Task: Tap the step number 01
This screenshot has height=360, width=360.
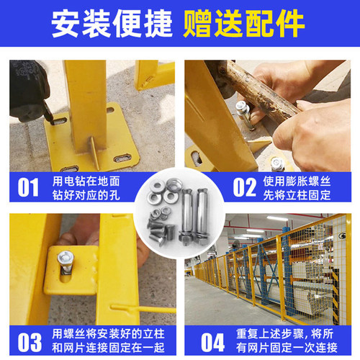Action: coord(27,187)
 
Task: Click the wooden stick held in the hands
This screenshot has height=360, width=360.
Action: coord(259,90)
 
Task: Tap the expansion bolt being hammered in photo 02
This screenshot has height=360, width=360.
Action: coord(245,115)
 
